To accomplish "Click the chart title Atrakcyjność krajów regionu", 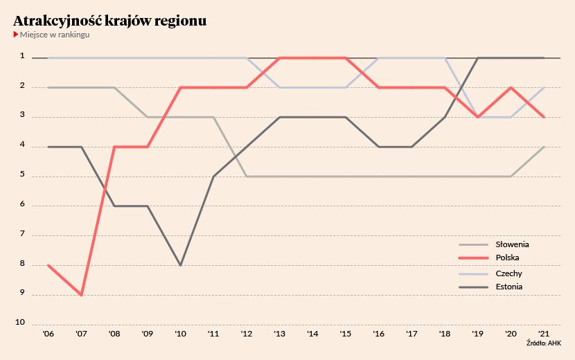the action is [x=109, y=21].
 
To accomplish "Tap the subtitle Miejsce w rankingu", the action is [x=55, y=35].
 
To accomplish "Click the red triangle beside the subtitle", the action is [x=16, y=35].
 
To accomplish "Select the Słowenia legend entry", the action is [x=493, y=244].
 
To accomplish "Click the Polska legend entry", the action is [x=489, y=258].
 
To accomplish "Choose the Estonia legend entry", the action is [x=490, y=287].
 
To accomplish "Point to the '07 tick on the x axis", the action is [x=81, y=334].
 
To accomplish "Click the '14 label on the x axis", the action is [x=312, y=334].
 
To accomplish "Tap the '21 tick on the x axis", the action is [x=543, y=334].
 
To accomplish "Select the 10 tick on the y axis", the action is [x=20, y=322].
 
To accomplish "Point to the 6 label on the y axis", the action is [x=22, y=204].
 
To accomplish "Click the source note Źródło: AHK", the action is [x=544, y=343].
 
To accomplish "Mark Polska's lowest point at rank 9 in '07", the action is [x=82, y=295].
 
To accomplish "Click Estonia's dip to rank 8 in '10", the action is [x=180, y=265].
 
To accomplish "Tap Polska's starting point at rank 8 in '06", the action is [x=48, y=265].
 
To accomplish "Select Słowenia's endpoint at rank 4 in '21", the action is [x=543, y=147].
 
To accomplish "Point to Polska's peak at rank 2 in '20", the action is [x=511, y=88].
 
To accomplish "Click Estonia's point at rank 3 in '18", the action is [x=445, y=117].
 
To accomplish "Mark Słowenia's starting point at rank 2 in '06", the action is [x=48, y=88].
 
